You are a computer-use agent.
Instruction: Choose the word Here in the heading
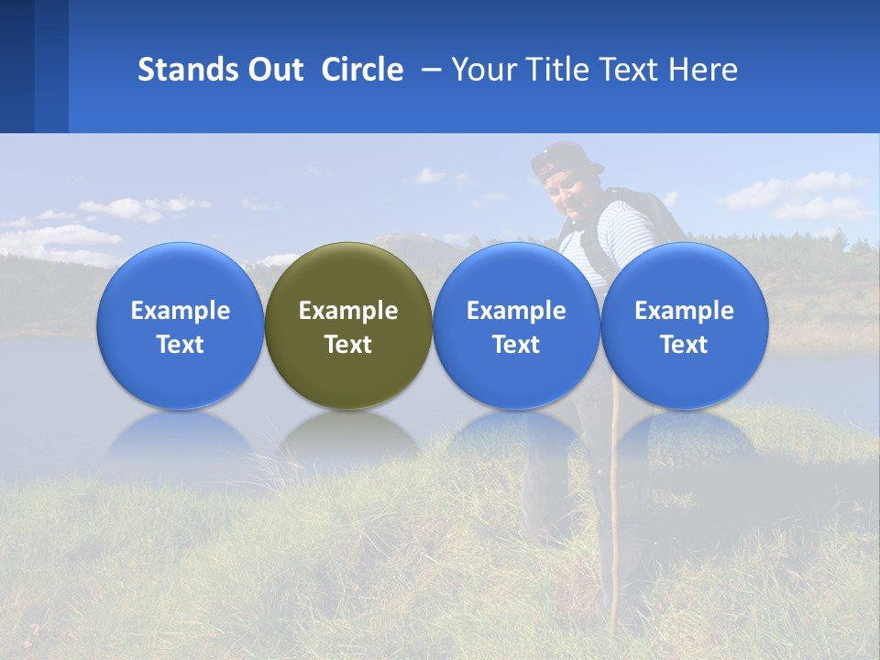pyautogui.click(x=703, y=70)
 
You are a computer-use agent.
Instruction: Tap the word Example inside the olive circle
pyautogui.click(x=348, y=311)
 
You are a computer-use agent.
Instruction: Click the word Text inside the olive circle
pyautogui.click(x=348, y=345)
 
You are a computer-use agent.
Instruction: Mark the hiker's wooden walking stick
pyautogui.click(x=611, y=513)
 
